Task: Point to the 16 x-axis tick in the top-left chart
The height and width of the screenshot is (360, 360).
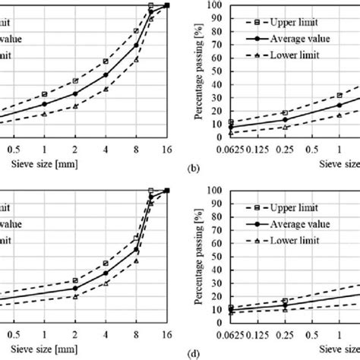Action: (166, 149)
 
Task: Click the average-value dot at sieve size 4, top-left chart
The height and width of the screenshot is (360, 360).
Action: (106, 74)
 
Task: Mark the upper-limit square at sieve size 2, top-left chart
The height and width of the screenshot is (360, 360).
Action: (75, 81)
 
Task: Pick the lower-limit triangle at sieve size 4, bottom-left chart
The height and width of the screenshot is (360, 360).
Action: (106, 283)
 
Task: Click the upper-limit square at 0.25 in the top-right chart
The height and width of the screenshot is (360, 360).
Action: (285, 112)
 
